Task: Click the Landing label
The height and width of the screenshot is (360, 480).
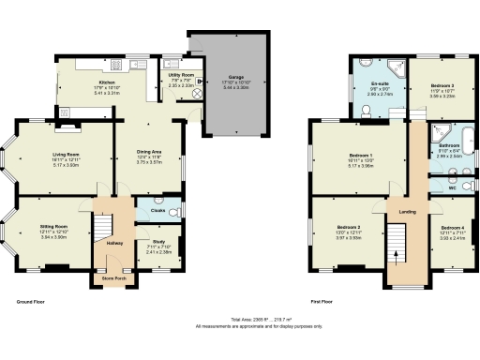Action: point(408,211)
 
